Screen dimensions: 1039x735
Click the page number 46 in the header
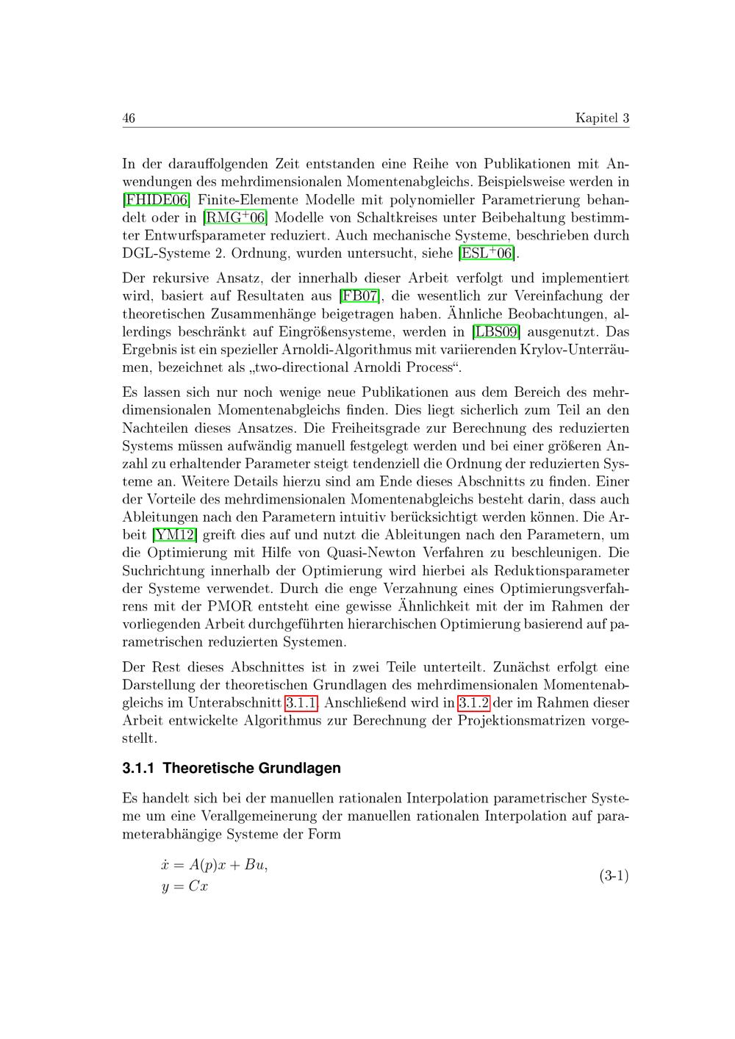[x=129, y=118]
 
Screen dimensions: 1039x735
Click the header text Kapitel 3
[x=602, y=118]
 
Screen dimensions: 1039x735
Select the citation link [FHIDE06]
[x=157, y=199]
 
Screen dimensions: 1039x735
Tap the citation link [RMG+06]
[x=235, y=217]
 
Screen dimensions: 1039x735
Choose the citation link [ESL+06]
[x=487, y=254]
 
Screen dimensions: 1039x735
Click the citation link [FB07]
[x=359, y=296]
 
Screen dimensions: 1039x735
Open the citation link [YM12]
[x=175, y=535]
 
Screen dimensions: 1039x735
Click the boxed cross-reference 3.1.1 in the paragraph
[x=301, y=703]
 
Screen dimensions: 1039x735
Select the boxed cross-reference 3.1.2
[x=473, y=703]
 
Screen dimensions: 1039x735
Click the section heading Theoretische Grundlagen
[x=251, y=769]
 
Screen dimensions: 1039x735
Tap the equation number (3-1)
[x=614, y=875]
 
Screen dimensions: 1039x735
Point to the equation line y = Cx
[x=184, y=887]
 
